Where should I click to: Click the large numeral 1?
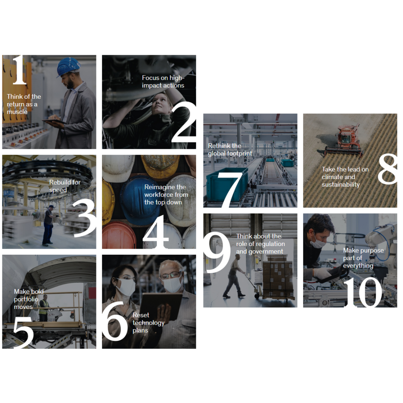(x=20, y=70)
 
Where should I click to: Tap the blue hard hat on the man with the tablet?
(x=68, y=67)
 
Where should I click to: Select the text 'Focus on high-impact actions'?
(x=163, y=81)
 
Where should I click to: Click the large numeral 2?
(x=183, y=121)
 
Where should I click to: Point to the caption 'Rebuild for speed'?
(x=65, y=186)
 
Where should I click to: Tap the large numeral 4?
(x=156, y=232)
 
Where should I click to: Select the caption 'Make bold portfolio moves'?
(x=29, y=299)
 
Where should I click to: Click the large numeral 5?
(x=23, y=332)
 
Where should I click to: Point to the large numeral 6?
(x=115, y=321)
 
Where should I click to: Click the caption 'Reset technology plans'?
(x=148, y=323)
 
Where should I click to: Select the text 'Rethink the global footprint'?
(x=230, y=149)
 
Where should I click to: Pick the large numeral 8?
(x=388, y=168)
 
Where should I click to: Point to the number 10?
(x=363, y=292)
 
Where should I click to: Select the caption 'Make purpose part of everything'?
(x=363, y=258)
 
